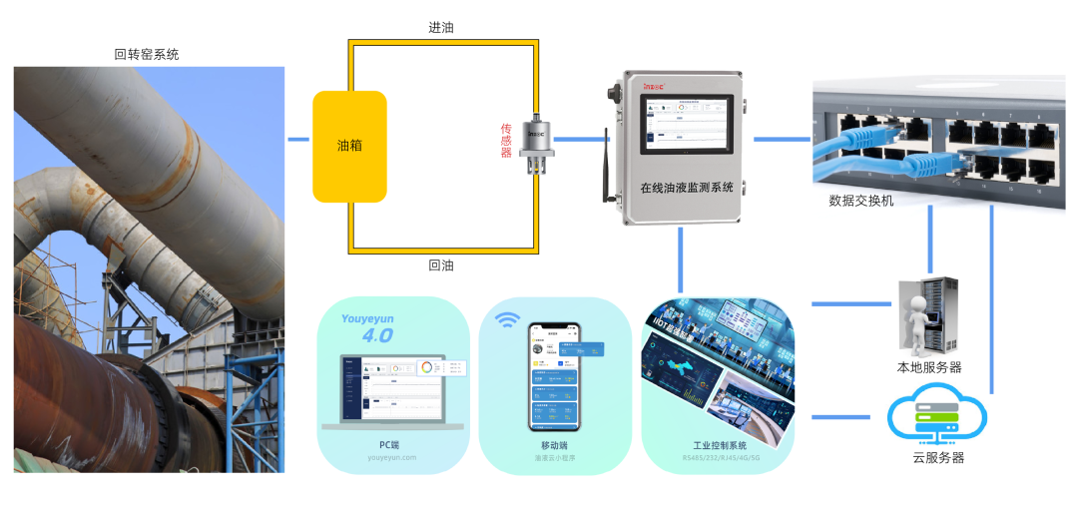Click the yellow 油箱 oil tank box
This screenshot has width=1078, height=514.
pyautogui.click(x=349, y=146)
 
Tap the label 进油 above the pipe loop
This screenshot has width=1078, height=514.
pyautogui.click(x=441, y=27)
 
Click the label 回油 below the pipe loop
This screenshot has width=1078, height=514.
pyautogui.click(x=441, y=265)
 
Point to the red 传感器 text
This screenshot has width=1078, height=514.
pyautogui.click(x=506, y=141)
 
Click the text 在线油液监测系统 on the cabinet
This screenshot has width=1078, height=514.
pyautogui.click(x=686, y=188)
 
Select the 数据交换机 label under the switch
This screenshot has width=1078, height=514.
pyautogui.click(x=861, y=201)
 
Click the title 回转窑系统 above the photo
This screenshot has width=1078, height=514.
pyautogui.click(x=147, y=55)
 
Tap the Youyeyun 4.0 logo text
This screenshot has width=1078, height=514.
pyautogui.click(x=369, y=327)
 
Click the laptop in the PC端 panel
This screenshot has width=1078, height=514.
pyautogui.click(x=392, y=389)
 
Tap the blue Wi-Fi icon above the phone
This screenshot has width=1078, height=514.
pyautogui.click(x=509, y=320)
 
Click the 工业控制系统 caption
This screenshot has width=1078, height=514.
pyautogui.click(x=720, y=445)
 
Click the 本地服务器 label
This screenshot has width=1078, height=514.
pyautogui.click(x=929, y=367)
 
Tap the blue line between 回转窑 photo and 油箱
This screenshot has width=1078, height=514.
pyautogui.click(x=298, y=140)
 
